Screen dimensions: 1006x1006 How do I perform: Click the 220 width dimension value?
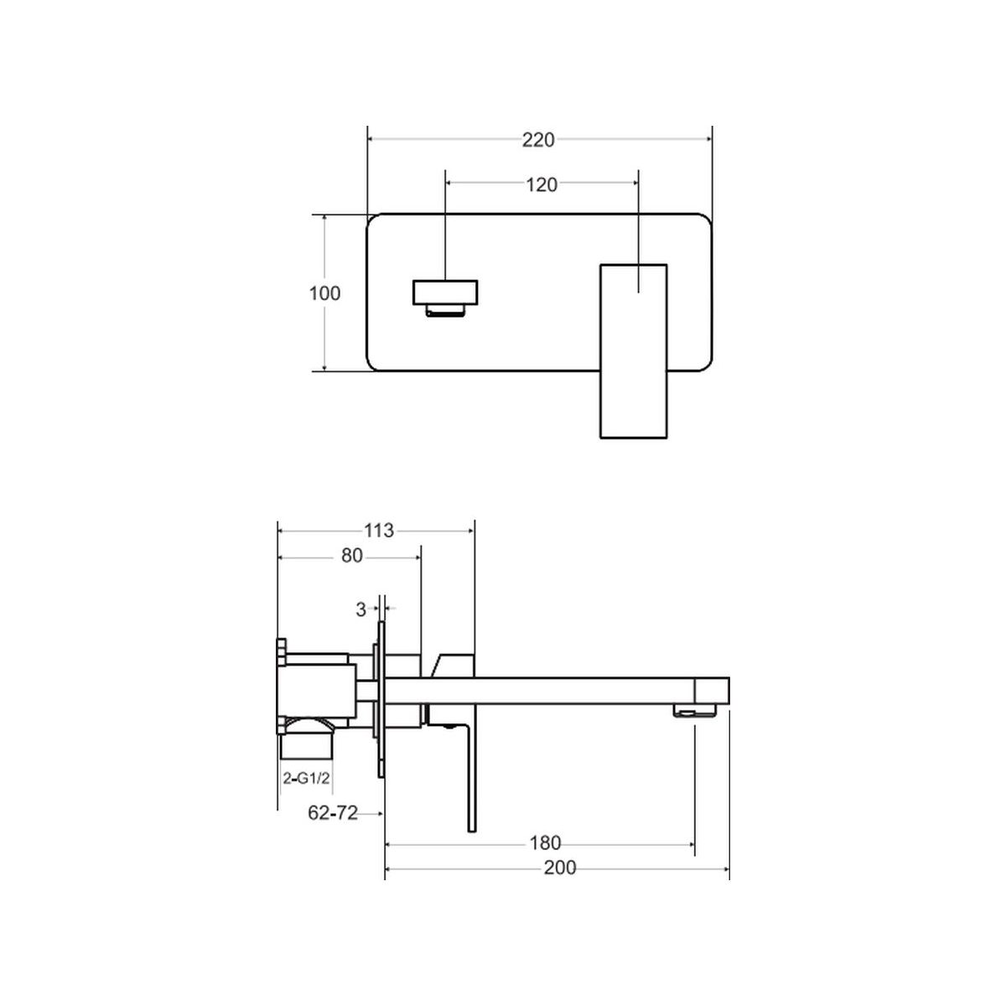(x=538, y=140)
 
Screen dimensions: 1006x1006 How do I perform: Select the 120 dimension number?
(x=542, y=184)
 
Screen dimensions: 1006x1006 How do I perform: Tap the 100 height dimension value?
(x=324, y=293)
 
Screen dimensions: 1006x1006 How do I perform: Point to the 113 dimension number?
(x=378, y=531)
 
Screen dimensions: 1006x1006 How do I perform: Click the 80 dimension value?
(x=352, y=556)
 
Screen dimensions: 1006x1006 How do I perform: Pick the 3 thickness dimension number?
(x=360, y=609)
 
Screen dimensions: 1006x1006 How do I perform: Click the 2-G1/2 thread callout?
(x=307, y=778)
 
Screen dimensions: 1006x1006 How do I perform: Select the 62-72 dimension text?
(x=333, y=813)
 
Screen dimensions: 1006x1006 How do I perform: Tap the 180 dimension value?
(x=545, y=843)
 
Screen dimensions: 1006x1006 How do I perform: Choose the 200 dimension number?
(x=560, y=868)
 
